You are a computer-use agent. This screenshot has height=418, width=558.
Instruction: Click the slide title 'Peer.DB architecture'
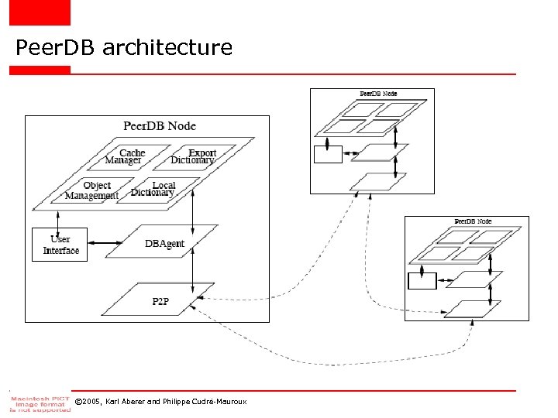(124, 48)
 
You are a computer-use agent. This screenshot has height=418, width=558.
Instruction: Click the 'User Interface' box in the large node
(60, 245)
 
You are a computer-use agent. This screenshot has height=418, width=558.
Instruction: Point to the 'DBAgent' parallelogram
(164, 244)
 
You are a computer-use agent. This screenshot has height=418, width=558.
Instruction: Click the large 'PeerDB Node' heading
(160, 125)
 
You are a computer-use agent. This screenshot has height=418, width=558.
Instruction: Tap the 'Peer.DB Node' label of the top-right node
(378, 94)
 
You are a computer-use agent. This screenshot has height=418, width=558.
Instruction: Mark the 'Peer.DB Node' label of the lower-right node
(473, 221)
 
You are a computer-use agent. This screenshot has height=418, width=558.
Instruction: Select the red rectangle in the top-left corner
(40, 12)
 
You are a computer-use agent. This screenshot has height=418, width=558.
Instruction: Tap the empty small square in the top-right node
(327, 155)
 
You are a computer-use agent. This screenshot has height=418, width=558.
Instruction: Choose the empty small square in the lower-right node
(422, 280)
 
